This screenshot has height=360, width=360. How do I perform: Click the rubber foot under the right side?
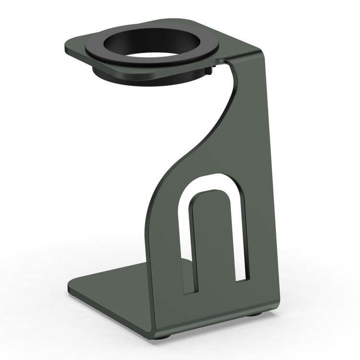pyautogui.click(x=258, y=314)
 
